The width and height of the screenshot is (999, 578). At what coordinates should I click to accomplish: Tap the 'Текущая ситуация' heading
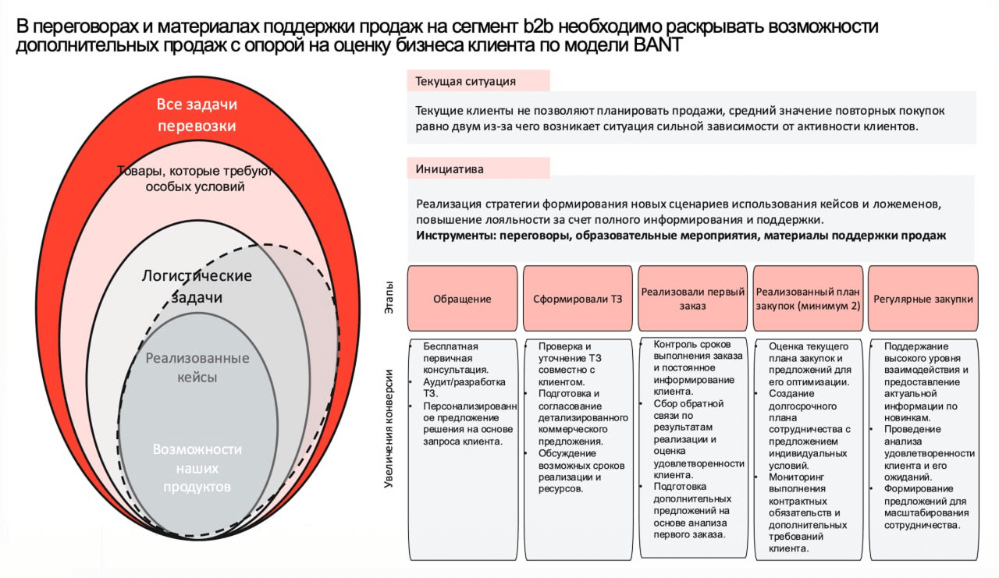[x=465, y=81]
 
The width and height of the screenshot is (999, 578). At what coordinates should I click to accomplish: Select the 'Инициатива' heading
[x=450, y=168]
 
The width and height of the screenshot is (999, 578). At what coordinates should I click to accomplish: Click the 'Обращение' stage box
[x=462, y=299]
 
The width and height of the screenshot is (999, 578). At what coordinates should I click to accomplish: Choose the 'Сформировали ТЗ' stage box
[x=578, y=299]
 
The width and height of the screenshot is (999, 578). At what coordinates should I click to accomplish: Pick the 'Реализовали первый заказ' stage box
[x=693, y=299]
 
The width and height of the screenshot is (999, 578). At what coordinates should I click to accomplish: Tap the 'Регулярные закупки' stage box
[x=923, y=299]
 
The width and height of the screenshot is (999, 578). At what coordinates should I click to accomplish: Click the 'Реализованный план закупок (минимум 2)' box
[x=808, y=299]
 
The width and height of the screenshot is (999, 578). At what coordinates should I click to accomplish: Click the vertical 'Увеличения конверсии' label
[x=389, y=433]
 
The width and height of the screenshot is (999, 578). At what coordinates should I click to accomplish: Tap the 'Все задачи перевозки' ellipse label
[x=197, y=115]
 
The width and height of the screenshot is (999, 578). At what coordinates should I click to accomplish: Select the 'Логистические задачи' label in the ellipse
[x=197, y=286]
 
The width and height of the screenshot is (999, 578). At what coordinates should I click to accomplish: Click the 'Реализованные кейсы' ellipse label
[x=197, y=367]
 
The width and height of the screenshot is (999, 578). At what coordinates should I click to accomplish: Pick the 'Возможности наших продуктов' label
[x=197, y=468]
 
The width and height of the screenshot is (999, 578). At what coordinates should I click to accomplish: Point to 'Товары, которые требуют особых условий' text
[x=195, y=179]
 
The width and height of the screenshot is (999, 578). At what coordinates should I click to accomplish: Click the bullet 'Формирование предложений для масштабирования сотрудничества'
[x=926, y=507]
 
